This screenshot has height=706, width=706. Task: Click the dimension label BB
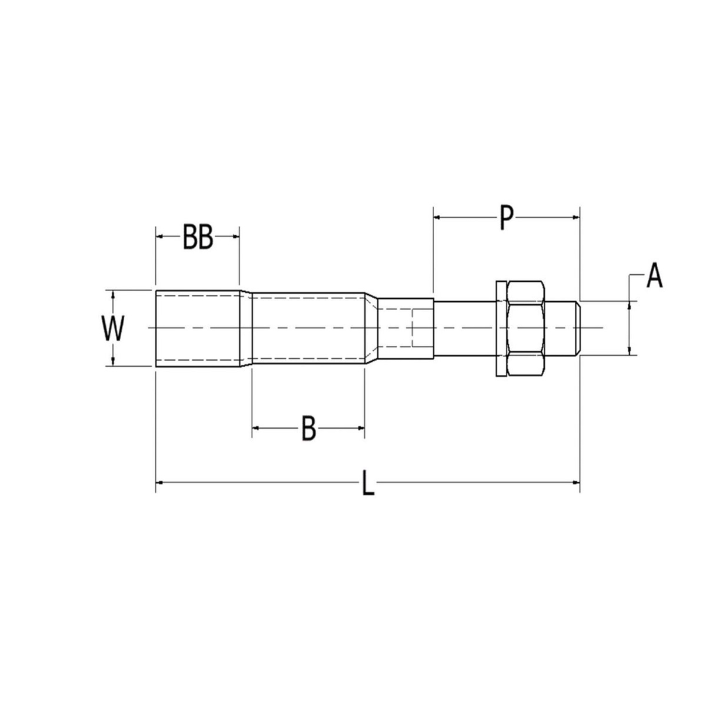[197, 237]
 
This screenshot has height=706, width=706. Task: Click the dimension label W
[113, 329]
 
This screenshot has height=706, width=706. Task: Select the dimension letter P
[505, 218]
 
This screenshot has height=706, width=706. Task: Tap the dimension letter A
[654, 276]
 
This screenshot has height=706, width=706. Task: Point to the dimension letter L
[368, 483]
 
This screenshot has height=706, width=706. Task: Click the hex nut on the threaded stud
[525, 328]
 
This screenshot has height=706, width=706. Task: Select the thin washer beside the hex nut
[501, 328]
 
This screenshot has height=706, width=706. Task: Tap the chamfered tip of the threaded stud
[578, 328]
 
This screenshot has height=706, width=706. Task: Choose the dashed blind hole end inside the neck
[413, 328]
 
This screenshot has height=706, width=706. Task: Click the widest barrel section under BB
[197, 328]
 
